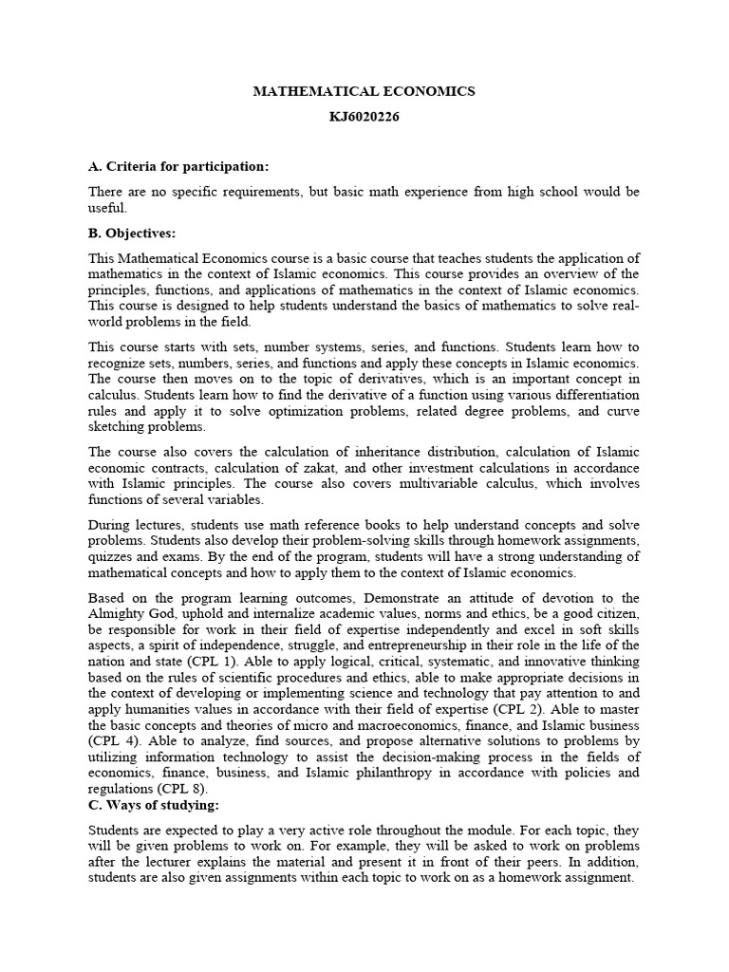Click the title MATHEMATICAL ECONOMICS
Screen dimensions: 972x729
(364, 91)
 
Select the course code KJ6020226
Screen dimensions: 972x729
(364, 122)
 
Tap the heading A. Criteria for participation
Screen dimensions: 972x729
(178, 166)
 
